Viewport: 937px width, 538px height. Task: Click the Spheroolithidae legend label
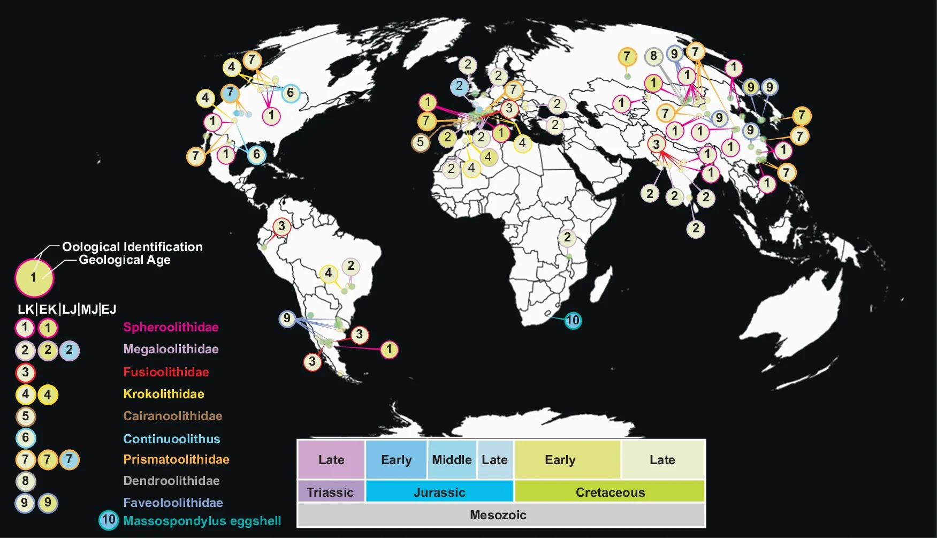pyautogui.click(x=171, y=327)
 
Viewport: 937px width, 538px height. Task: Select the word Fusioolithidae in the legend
pyautogui.click(x=166, y=372)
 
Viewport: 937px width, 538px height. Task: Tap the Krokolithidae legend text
pyautogui.click(x=163, y=394)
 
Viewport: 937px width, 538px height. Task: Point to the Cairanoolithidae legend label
pyautogui.click(x=172, y=416)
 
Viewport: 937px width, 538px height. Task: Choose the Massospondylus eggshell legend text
pyautogui.click(x=202, y=521)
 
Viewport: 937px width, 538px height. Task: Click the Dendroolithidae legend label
pyautogui.click(x=171, y=481)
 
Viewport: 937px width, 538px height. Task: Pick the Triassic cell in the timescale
pyautogui.click(x=330, y=492)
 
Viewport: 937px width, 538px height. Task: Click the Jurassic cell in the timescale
pyautogui.click(x=439, y=492)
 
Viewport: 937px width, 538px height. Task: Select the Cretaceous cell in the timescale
pyautogui.click(x=610, y=492)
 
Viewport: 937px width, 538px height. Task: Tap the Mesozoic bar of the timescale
pyautogui.click(x=498, y=515)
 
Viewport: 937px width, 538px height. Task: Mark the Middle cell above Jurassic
pyautogui.click(x=452, y=460)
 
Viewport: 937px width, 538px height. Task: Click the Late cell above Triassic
pyautogui.click(x=331, y=460)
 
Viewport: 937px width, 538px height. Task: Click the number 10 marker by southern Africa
pyautogui.click(x=573, y=320)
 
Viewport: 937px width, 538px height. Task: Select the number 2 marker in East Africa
pyautogui.click(x=567, y=238)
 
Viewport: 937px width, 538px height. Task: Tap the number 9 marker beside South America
pyautogui.click(x=287, y=319)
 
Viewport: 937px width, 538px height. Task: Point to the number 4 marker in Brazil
pyautogui.click(x=328, y=273)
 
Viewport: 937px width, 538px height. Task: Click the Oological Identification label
pyautogui.click(x=132, y=247)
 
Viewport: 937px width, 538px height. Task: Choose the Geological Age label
pyautogui.click(x=125, y=260)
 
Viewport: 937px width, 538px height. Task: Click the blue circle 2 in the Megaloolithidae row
pyautogui.click(x=69, y=350)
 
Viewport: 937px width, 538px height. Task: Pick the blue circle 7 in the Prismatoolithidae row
pyautogui.click(x=69, y=459)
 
